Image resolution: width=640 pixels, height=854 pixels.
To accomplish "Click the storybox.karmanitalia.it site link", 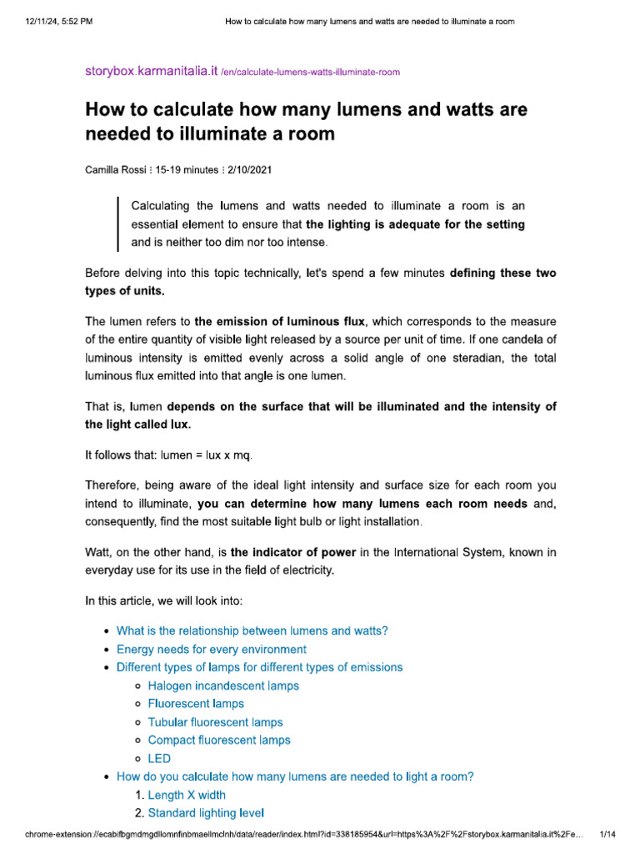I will tap(152, 72).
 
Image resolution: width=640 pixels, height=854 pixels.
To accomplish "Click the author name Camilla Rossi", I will tap(116, 169).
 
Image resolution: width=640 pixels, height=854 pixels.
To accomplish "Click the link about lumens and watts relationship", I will tap(252, 630).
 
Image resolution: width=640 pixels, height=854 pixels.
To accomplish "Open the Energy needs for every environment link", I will tap(211, 649).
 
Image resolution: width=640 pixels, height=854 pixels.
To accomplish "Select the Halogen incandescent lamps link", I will tap(223, 686).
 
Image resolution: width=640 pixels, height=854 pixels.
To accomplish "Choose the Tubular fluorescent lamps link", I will tap(215, 722).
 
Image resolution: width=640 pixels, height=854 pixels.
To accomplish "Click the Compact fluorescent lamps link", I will tap(219, 740).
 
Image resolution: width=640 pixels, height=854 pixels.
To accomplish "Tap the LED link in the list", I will tap(159, 758).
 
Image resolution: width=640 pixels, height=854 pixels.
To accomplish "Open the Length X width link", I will tap(187, 795).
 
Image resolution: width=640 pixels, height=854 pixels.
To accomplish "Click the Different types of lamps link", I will tap(259, 667).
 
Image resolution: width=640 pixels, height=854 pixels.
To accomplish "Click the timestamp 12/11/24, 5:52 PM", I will tap(58, 21).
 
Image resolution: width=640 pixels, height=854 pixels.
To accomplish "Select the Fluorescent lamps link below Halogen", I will tap(196, 704).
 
